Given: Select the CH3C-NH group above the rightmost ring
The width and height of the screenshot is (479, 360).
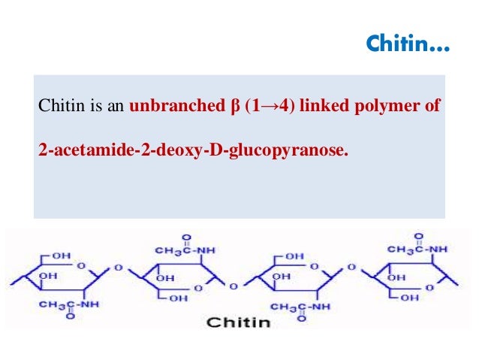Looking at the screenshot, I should pyautogui.click(x=417, y=248).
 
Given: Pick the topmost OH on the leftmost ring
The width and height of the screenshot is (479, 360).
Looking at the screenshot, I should pyautogui.click(x=61, y=256).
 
